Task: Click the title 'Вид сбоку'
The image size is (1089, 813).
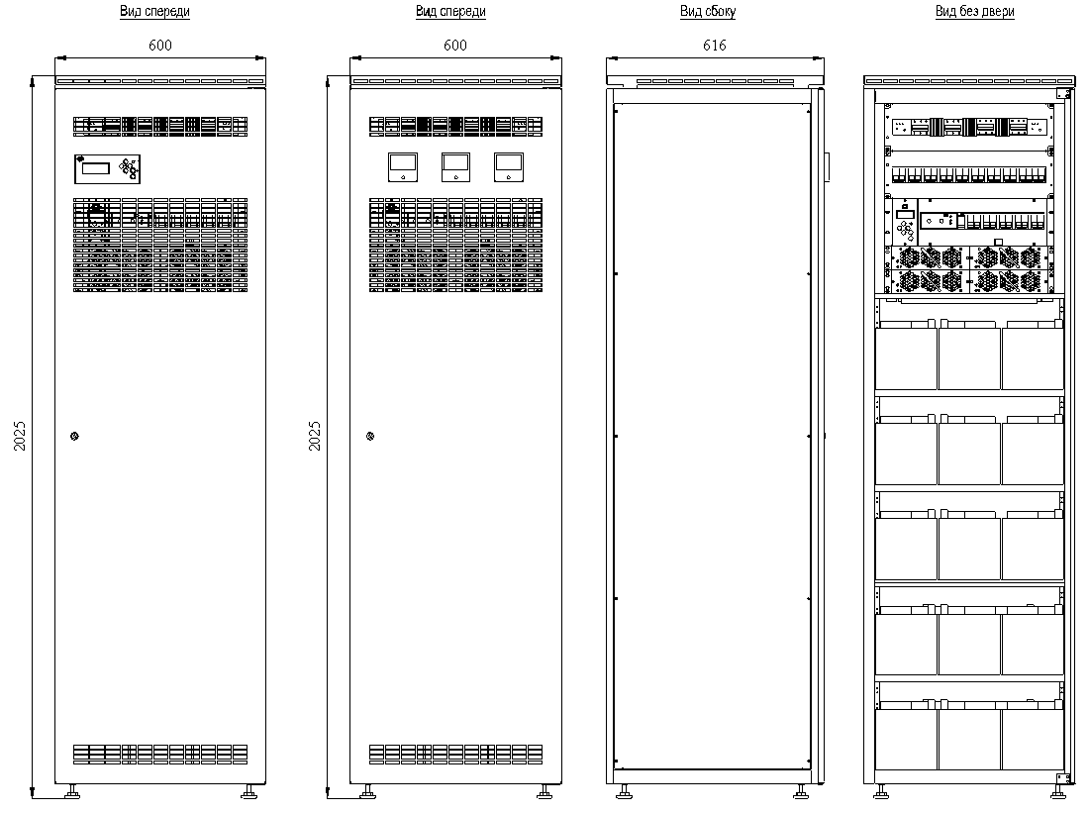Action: pos(708,11)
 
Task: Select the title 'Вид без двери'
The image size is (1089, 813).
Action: pos(974,11)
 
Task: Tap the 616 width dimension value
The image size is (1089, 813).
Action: pos(714,46)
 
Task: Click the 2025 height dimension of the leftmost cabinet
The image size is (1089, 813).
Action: pos(20,436)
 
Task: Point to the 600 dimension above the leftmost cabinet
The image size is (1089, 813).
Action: pos(159,46)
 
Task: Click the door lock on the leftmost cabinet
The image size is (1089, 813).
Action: pos(74,437)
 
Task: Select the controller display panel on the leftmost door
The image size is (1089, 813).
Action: pos(108,169)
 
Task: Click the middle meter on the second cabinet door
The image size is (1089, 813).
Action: pos(455,167)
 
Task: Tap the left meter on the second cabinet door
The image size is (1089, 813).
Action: pos(403,167)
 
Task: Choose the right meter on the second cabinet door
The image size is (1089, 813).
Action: pos(509,167)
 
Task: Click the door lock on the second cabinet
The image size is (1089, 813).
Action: pos(370,437)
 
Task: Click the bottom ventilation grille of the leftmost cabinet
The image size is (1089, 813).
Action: pos(160,755)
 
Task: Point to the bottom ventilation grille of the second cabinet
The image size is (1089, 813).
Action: pos(455,755)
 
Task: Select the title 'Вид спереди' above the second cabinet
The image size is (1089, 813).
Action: pos(450,11)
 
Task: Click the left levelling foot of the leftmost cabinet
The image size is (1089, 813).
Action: pos(71,791)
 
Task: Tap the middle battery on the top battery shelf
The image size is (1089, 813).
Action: pos(969,358)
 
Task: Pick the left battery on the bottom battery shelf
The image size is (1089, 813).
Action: pos(906,740)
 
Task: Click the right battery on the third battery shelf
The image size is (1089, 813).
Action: pos(1033,549)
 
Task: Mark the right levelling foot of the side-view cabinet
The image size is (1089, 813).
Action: pos(801,791)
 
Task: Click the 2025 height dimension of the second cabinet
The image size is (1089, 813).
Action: pos(315,436)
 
